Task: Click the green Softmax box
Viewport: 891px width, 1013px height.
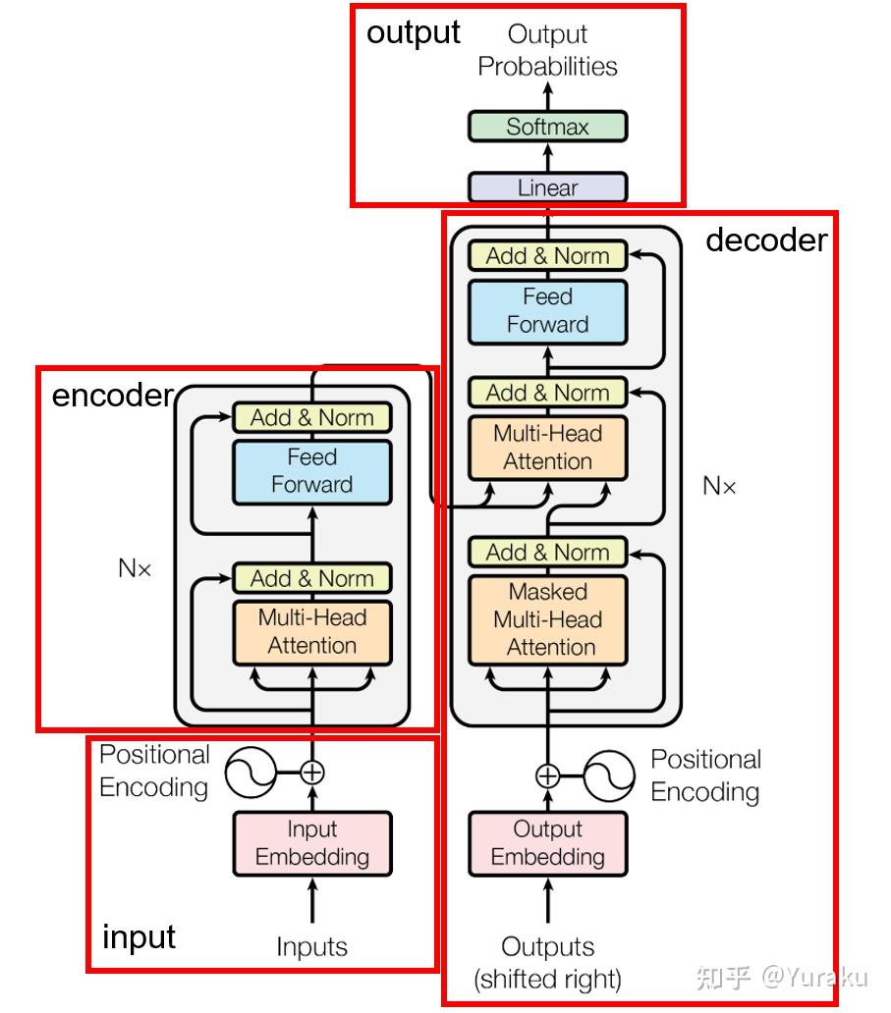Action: (547, 127)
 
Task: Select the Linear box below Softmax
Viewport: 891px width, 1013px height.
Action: (547, 187)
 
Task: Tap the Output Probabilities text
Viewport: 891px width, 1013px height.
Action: (547, 51)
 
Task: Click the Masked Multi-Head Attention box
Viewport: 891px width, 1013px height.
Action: (547, 619)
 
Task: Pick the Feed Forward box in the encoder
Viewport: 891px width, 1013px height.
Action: (311, 471)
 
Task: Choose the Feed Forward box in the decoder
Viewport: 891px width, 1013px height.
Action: (547, 311)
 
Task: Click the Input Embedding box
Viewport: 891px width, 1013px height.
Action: (311, 843)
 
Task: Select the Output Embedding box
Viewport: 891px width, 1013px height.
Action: (547, 843)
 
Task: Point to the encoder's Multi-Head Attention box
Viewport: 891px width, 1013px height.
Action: (311, 632)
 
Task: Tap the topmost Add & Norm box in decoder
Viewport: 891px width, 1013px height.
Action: (547, 256)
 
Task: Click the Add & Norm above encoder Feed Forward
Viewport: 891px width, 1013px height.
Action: (311, 417)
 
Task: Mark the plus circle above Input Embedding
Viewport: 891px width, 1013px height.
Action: (311, 773)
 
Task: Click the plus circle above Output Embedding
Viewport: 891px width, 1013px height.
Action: (547, 776)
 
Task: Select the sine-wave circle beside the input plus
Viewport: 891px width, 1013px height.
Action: (251, 773)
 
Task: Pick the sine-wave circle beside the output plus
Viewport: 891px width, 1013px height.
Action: (608, 776)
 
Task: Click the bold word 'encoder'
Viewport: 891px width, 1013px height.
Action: (112, 396)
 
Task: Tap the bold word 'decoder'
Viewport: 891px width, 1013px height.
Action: (766, 240)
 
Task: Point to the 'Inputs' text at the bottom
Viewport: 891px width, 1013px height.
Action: (311, 947)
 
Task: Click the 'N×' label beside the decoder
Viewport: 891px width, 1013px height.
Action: (719, 486)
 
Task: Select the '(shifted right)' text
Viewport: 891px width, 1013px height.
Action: (547, 979)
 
